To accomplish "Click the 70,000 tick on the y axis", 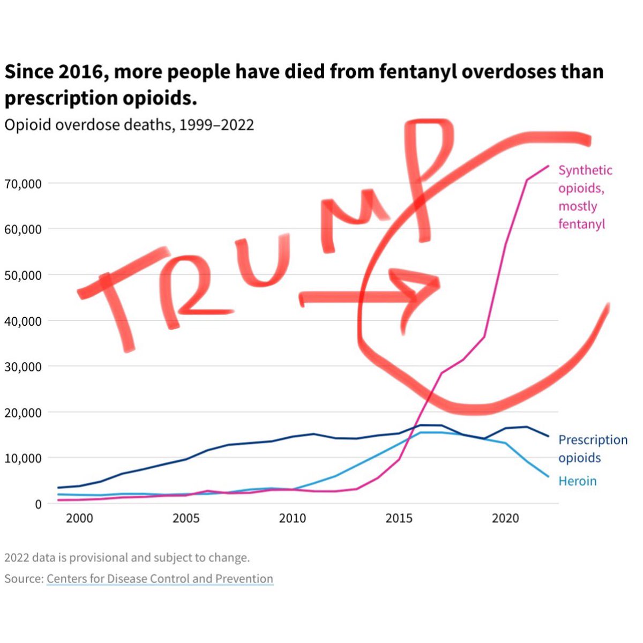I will pos(23,184).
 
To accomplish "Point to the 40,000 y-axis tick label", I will pos(23,321).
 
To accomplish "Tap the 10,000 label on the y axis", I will pos(23,458).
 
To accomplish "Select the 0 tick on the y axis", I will pos(38,504).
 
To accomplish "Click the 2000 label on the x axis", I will pos(79,518).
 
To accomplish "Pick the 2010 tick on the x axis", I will pos(293,518).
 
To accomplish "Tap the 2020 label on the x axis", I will pos(505,518).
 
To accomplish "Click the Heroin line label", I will pos(577,481).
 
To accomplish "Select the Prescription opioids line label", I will pos(592,448).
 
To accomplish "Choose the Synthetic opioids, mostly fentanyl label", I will pos(585,197).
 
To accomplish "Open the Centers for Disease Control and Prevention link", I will pos(160,579).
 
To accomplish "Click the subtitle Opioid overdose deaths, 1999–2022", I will pos(129,125).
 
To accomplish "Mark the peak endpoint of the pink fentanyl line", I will pos(548,166).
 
